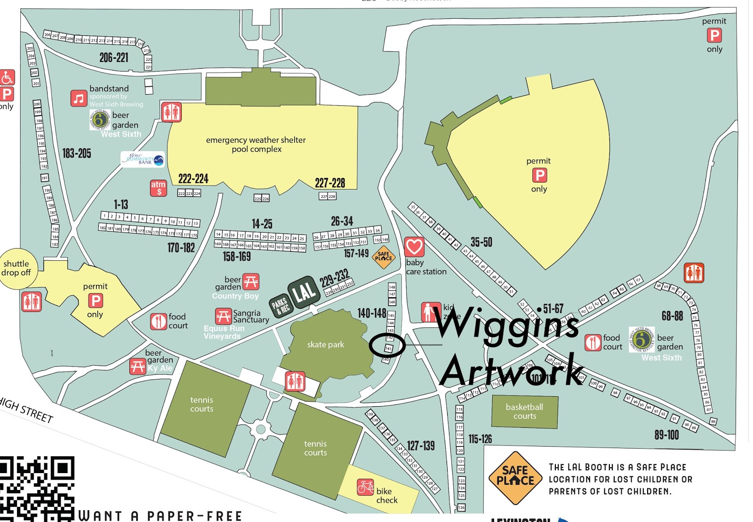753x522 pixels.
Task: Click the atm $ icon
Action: click(x=159, y=188)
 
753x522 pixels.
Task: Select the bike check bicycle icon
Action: click(x=365, y=487)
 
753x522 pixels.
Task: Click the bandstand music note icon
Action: click(x=79, y=98)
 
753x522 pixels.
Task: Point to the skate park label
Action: click(x=326, y=345)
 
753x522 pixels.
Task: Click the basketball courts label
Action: click(x=524, y=411)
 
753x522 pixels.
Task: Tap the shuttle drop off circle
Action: click(x=17, y=268)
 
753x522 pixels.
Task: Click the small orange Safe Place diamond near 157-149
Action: click(x=384, y=257)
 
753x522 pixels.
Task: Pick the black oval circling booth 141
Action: click(x=387, y=345)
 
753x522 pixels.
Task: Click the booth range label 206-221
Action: click(x=114, y=58)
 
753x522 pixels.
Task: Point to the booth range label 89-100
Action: click(x=666, y=435)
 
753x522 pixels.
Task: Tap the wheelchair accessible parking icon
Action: click(x=7, y=77)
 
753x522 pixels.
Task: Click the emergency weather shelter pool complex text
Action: click(x=256, y=145)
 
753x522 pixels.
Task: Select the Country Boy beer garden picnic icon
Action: click(x=250, y=282)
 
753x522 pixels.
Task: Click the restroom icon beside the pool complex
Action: click(x=171, y=112)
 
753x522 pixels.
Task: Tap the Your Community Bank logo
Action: click(x=143, y=160)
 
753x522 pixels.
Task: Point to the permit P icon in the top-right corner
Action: click(x=714, y=35)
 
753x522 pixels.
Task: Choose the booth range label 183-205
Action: click(x=77, y=153)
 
